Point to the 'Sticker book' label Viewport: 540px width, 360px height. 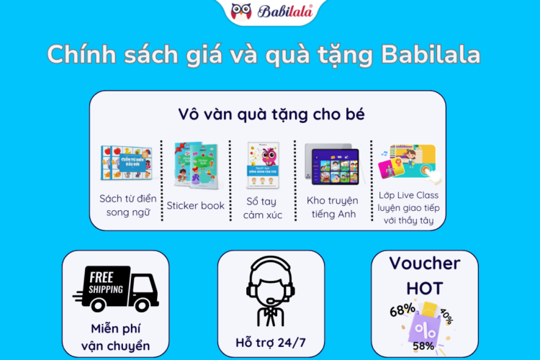196,205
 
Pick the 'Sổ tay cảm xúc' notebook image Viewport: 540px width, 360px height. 263,164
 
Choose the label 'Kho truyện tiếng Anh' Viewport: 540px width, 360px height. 332,207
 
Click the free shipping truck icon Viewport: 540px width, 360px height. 115,288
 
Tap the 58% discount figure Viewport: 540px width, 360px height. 424,345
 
